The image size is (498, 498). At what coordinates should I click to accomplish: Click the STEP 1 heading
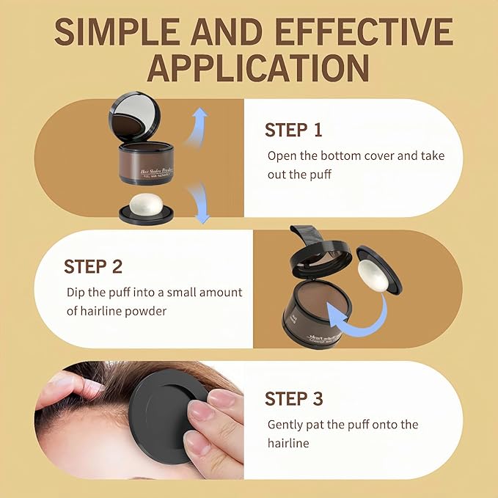tap(293, 131)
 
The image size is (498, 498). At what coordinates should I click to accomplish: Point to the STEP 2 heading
tap(93, 266)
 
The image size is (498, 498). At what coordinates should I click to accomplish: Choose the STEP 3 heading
tap(293, 399)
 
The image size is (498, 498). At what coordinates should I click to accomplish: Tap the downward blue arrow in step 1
tap(197, 202)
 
